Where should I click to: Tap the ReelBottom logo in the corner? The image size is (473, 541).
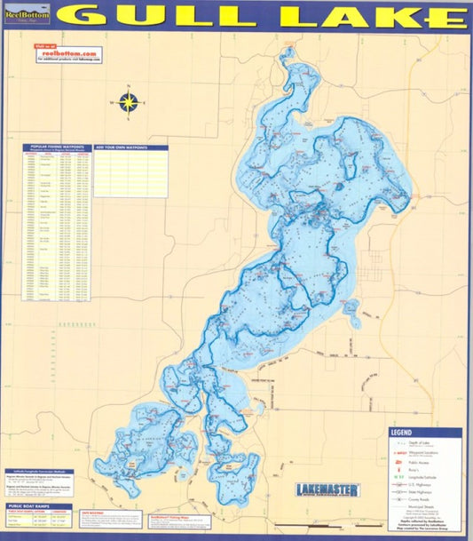point(27,15)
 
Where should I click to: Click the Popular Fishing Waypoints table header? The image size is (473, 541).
point(58,147)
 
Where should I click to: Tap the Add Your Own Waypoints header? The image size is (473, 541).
point(130,147)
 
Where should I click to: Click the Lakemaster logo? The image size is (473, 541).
point(327,489)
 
